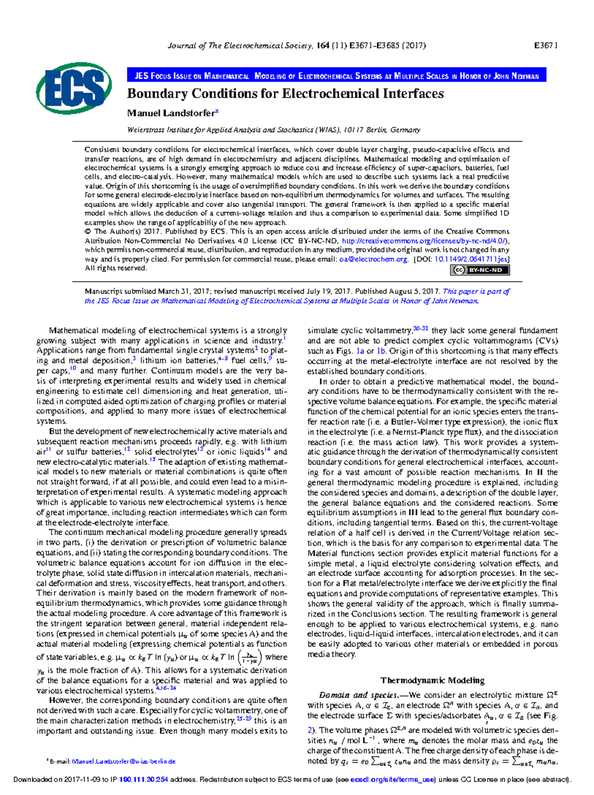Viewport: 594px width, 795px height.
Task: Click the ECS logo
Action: click(74, 89)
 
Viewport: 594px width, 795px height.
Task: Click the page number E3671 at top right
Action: click(545, 46)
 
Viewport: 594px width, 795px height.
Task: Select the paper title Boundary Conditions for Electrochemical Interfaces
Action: click(285, 94)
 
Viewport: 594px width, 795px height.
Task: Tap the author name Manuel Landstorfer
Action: click(171, 113)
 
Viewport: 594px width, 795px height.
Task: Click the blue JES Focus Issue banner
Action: click(337, 76)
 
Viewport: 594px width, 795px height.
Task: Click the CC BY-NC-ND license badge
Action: click(480, 270)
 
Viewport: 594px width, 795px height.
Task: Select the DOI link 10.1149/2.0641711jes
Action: click(471, 259)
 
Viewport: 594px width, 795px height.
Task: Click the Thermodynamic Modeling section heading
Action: click(432, 680)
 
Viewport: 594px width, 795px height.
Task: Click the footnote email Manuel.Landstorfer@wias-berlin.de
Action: click(124, 761)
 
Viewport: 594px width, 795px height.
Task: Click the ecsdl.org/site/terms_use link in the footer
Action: click(392, 780)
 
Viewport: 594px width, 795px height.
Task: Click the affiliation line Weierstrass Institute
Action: click(273, 130)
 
